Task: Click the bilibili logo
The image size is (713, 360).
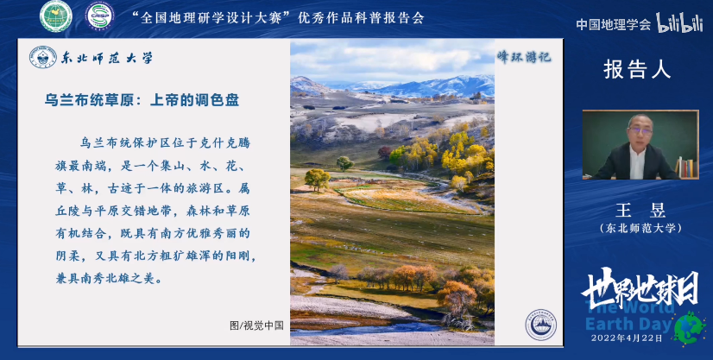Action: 680,23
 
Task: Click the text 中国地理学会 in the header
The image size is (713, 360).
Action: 614,24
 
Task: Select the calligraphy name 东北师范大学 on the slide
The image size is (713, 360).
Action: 107,59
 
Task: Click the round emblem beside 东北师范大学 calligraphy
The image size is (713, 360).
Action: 42,58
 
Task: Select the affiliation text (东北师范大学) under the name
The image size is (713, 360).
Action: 640,228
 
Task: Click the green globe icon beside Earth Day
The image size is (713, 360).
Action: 690,327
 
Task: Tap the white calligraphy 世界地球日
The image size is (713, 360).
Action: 640,287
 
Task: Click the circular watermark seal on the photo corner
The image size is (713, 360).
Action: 541,325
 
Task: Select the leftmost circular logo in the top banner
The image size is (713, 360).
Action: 56,16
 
